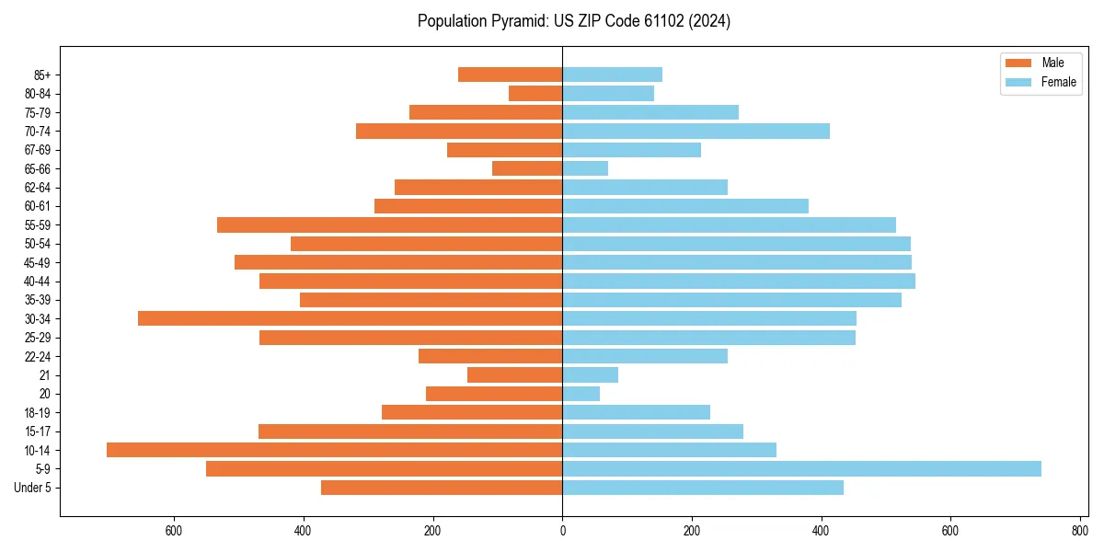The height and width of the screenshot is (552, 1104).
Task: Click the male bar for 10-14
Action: (334, 450)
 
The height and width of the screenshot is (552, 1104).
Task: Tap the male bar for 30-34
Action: (350, 318)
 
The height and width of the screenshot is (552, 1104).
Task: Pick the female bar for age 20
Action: (581, 394)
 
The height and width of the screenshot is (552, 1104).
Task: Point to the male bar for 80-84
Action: (535, 93)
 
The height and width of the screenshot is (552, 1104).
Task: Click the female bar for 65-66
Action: (585, 168)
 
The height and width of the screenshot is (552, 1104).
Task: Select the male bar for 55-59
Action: (389, 224)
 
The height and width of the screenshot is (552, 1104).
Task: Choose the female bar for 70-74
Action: (696, 131)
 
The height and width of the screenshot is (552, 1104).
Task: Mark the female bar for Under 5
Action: (703, 488)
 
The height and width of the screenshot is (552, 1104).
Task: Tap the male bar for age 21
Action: (514, 374)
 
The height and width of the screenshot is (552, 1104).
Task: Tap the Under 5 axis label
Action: (32, 488)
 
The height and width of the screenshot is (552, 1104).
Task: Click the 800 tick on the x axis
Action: (1079, 530)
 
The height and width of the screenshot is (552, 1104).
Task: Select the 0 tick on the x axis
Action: (562, 530)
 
